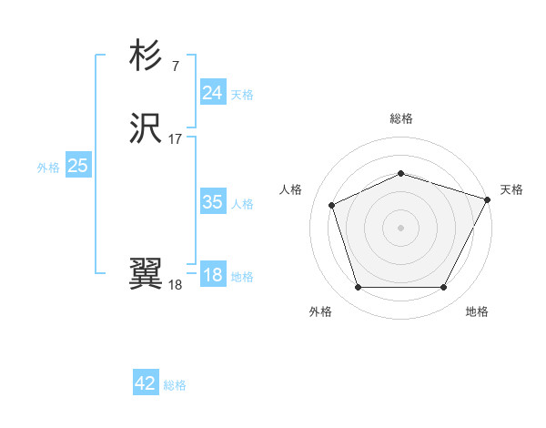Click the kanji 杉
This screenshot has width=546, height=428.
[146, 56]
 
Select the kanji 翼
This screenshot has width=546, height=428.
[146, 273]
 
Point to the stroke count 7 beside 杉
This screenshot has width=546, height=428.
[175, 66]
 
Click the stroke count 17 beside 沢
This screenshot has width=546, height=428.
[176, 139]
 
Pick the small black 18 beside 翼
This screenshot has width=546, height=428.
[175, 284]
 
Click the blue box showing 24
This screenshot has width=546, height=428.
[212, 93]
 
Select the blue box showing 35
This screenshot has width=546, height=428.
[212, 202]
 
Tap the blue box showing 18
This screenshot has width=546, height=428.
[212, 275]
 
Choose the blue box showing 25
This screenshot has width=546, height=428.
[78, 166]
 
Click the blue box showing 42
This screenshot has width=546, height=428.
[146, 383]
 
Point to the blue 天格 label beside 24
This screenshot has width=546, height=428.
[242, 95]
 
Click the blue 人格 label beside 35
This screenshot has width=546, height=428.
[242, 204]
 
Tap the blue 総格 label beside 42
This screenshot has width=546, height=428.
[175, 385]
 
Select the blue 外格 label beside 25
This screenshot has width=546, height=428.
[48, 168]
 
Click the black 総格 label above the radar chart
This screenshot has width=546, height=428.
[400, 118]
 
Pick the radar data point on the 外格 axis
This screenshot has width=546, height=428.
[358, 288]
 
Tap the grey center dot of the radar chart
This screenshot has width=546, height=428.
[400, 227]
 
